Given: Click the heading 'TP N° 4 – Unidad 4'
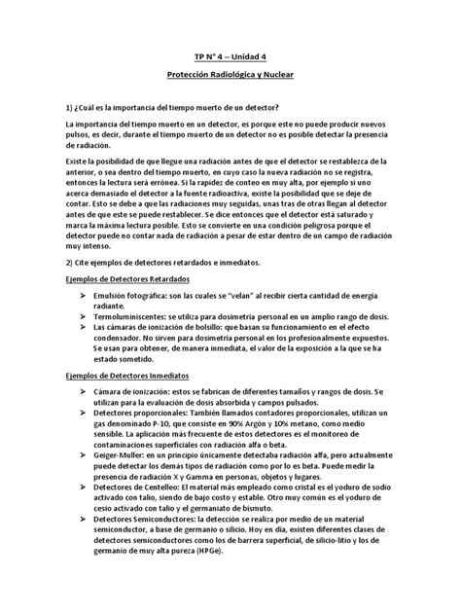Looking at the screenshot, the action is (230, 56).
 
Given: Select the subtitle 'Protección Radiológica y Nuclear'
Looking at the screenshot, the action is (230, 75).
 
